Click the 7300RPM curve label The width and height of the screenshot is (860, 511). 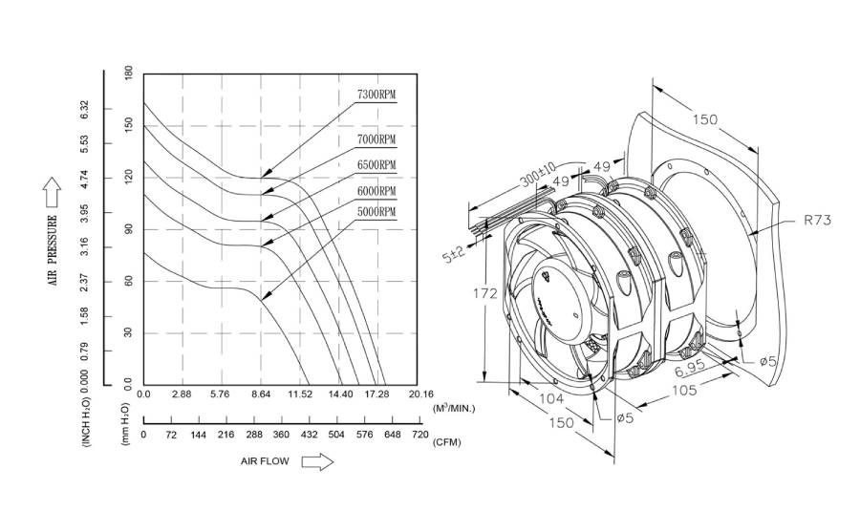coord(376,96)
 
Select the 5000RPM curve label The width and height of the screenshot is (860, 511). coord(376,211)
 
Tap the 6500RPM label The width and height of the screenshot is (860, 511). coord(376,165)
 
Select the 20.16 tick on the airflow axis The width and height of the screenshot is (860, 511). coord(420,394)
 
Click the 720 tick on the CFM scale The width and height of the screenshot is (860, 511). coord(419,436)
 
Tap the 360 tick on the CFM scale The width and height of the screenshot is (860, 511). coord(282,436)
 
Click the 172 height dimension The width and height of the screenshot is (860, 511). coord(486,293)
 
